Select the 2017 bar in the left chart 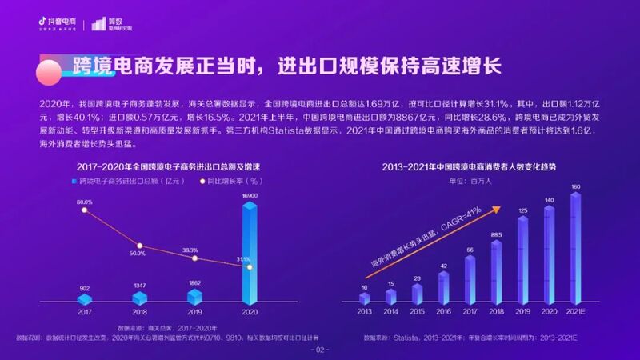point(85,298)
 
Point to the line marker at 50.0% point(139,246)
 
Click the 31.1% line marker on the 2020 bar point(250,267)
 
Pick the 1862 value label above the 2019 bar point(194,283)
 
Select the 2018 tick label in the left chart point(139,312)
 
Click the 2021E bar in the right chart point(575,248)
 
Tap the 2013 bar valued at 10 point(365,298)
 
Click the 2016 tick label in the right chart point(443,312)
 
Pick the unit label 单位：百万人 point(470,182)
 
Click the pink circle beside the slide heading point(51,70)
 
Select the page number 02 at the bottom point(320,350)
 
